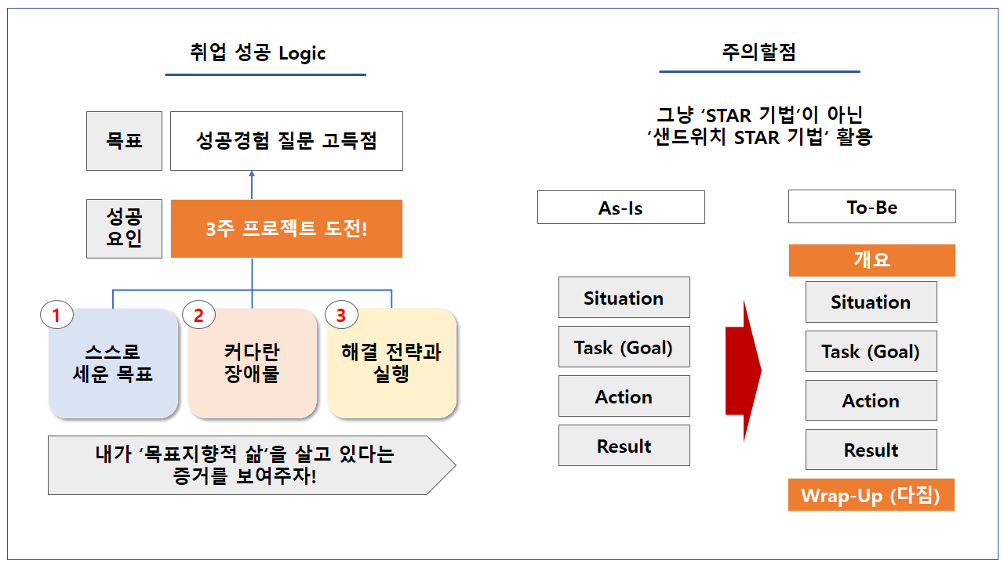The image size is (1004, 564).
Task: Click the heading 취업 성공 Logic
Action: [257, 53]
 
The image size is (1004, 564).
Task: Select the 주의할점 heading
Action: [758, 52]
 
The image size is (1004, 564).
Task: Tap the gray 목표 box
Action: [124, 141]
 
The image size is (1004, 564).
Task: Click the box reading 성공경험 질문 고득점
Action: [286, 141]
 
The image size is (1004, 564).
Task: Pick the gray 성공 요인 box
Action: [124, 229]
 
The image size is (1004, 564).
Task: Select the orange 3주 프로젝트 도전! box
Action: [286, 229]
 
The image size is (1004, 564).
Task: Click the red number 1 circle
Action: [56, 316]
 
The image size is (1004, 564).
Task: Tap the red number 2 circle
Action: [198, 316]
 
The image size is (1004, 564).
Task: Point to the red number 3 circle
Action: [340, 316]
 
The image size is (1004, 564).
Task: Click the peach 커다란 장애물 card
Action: [252, 364]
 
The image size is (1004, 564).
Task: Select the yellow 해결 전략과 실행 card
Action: [391, 364]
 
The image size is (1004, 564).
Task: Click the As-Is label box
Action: [620, 208]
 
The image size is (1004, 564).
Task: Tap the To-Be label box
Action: [871, 207]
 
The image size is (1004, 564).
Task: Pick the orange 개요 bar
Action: [871, 260]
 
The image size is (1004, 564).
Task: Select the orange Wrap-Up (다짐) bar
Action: [871, 495]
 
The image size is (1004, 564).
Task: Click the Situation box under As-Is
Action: [624, 298]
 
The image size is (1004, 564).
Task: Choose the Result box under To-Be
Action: [871, 450]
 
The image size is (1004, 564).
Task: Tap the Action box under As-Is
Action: [624, 396]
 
